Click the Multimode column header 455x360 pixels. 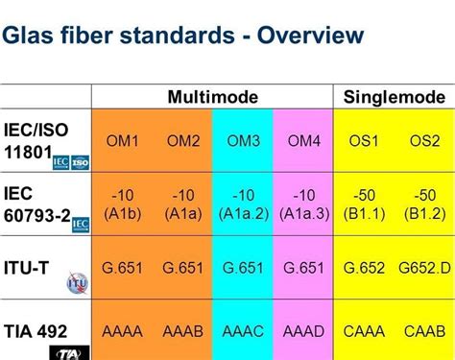click(x=211, y=97)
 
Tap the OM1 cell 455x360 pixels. click(x=122, y=141)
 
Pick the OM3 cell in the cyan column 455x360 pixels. click(x=245, y=141)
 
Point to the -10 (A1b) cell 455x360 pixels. click(x=122, y=204)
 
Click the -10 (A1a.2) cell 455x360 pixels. click(x=244, y=204)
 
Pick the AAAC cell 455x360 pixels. click(x=245, y=331)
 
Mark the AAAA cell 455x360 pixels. click(x=122, y=331)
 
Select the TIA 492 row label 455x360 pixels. click(x=35, y=331)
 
